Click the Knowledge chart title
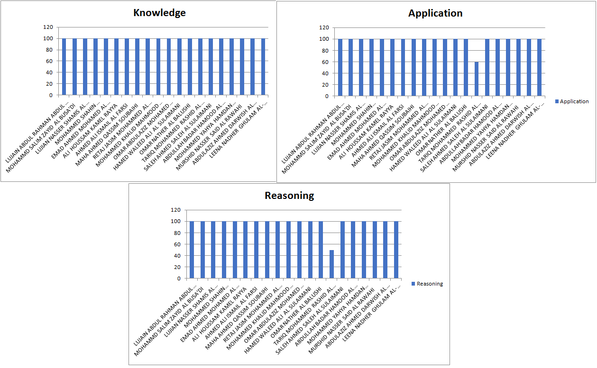click(x=159, y=13)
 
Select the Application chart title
click(x=435, y=13)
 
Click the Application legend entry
click(x=574, y=101)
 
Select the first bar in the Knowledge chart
click(x=64, y=66)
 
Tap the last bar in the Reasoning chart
click(x=396, y=250)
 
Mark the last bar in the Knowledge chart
click(x=263, y=66)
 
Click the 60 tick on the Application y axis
click(x=324, y=62)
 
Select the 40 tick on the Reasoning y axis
click(x=176, y=256)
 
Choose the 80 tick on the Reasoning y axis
click(x=176, y=233)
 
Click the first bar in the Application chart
click(x=340, y=67)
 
